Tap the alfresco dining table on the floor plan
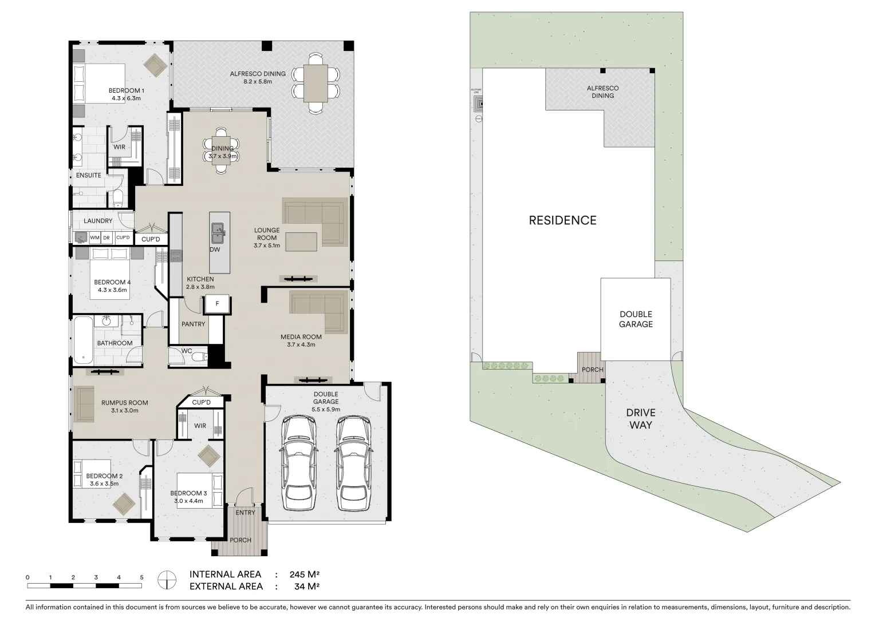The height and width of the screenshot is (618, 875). point(316,82)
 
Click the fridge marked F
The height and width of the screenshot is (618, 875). point(217,304)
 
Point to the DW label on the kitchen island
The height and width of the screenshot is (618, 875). point(215,249)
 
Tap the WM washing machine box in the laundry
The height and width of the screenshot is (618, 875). point(94,237)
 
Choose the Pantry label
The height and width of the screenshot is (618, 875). point(193,324)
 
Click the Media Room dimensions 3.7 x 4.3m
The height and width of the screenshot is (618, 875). point(301,344)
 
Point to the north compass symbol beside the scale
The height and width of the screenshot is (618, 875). point(167,579)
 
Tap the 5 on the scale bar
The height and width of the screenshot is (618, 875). point(141,577)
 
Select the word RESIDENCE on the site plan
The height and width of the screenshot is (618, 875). point(562,220)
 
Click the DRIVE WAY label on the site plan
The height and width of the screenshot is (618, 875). point(640,419)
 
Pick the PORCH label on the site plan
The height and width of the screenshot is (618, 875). point(592,370)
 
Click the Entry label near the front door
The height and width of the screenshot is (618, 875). point(245,513)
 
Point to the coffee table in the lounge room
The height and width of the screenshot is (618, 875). point(301,241)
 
